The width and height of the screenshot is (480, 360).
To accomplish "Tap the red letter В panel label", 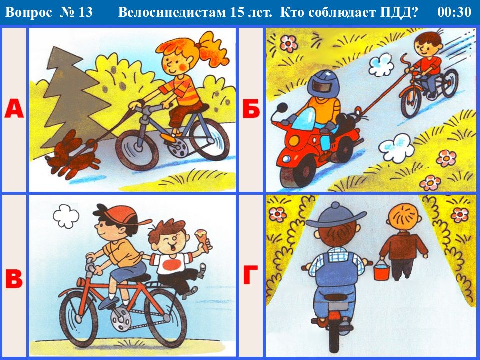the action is [x=14, y=279].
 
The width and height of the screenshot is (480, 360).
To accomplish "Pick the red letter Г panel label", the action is [x=250, y=275].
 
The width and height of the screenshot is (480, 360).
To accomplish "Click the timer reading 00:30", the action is [x=454, y=12].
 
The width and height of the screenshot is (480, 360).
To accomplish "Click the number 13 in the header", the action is [x=85, y=12].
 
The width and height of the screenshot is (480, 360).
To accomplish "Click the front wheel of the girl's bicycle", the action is [x=137, y=150].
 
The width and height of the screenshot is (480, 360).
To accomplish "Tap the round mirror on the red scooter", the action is [x=282, y=108].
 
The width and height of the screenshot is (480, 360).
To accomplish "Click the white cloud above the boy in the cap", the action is [x=66, y=216].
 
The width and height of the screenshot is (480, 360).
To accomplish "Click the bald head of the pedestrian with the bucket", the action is [x=402, y=218].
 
